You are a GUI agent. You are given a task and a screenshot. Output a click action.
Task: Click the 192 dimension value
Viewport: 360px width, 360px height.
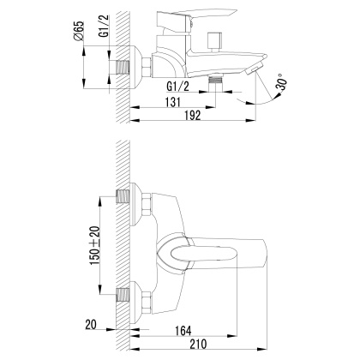(x=194, y=117)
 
